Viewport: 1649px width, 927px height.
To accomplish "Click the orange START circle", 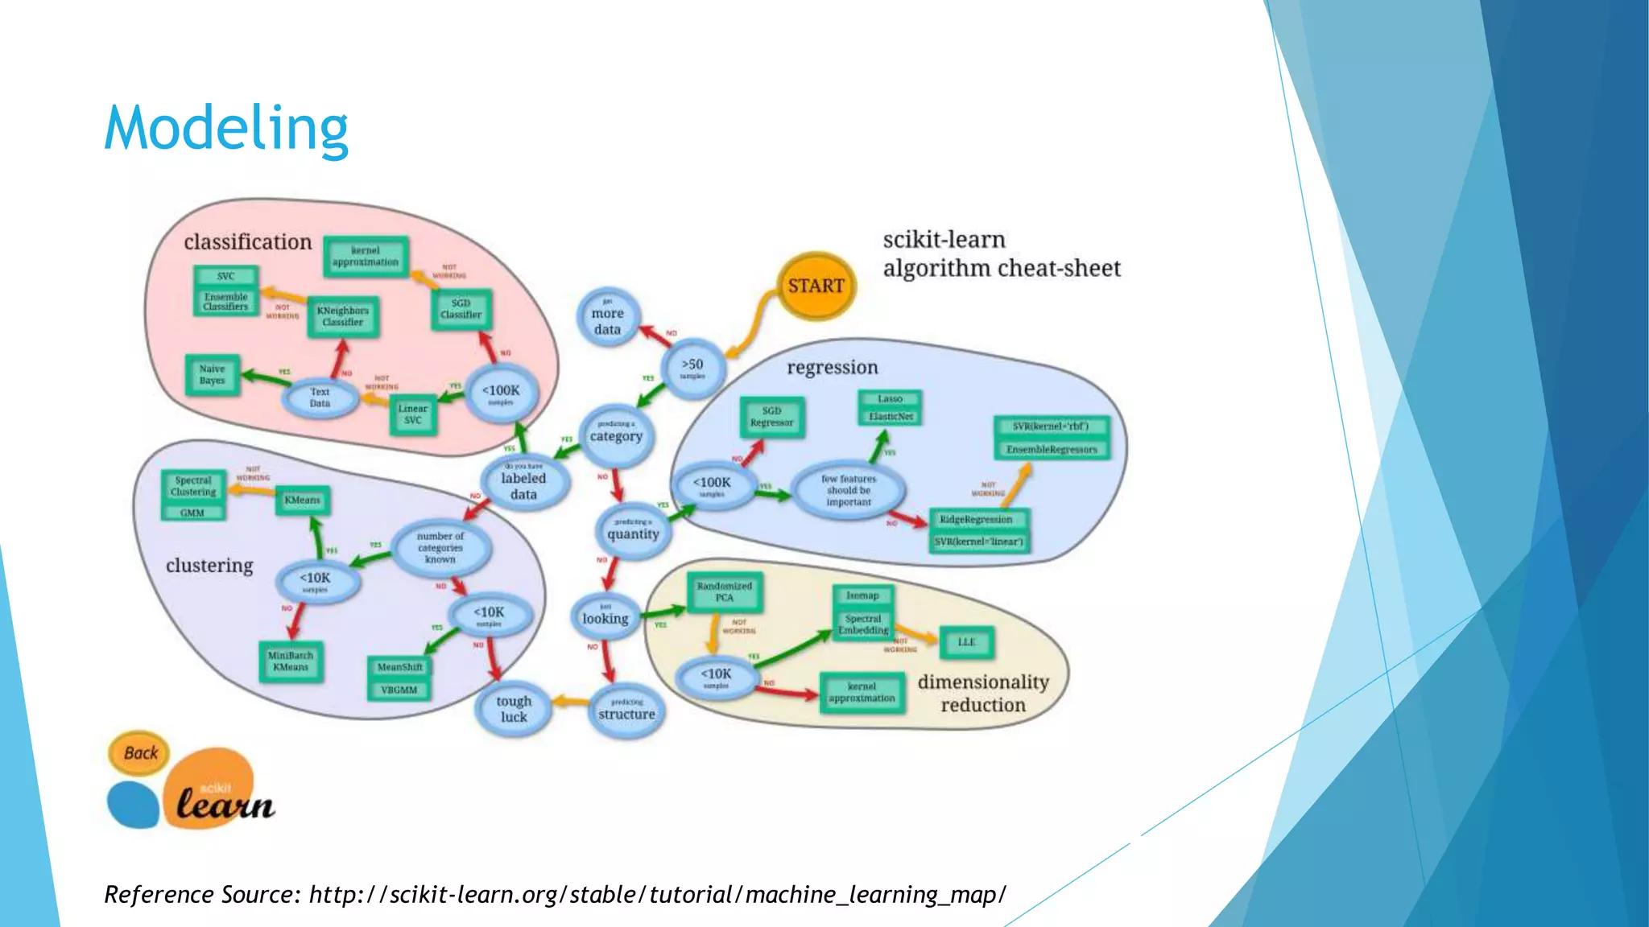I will point(816,286).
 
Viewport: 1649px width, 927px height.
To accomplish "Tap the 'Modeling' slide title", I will point(226,129).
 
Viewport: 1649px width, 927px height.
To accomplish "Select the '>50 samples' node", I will point(692,368).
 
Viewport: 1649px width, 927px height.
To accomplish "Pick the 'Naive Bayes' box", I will point(213,375).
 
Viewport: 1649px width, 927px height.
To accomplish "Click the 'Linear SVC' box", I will point(413,414).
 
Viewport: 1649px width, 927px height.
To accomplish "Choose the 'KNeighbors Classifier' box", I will point(343,316).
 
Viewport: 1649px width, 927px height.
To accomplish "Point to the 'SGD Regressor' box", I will point(771,417).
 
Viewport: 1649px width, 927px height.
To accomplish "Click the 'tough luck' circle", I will point(514,709).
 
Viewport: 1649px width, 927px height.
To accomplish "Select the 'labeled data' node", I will point(523,483).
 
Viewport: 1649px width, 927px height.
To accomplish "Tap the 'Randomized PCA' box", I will point(725,592).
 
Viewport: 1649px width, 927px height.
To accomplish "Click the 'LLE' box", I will point(966,642).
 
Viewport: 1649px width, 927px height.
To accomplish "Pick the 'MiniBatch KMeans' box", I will point(291,661).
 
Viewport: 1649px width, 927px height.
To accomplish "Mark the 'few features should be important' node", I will point(849,490).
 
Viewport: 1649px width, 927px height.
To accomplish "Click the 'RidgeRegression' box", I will point(977,520).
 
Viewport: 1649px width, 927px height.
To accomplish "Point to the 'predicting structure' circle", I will point(626,710).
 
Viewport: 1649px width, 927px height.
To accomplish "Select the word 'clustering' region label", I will point(209,566).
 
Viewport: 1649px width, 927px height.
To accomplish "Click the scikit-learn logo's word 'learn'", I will point(225,804).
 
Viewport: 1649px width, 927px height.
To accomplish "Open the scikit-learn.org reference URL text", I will point(657,895).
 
